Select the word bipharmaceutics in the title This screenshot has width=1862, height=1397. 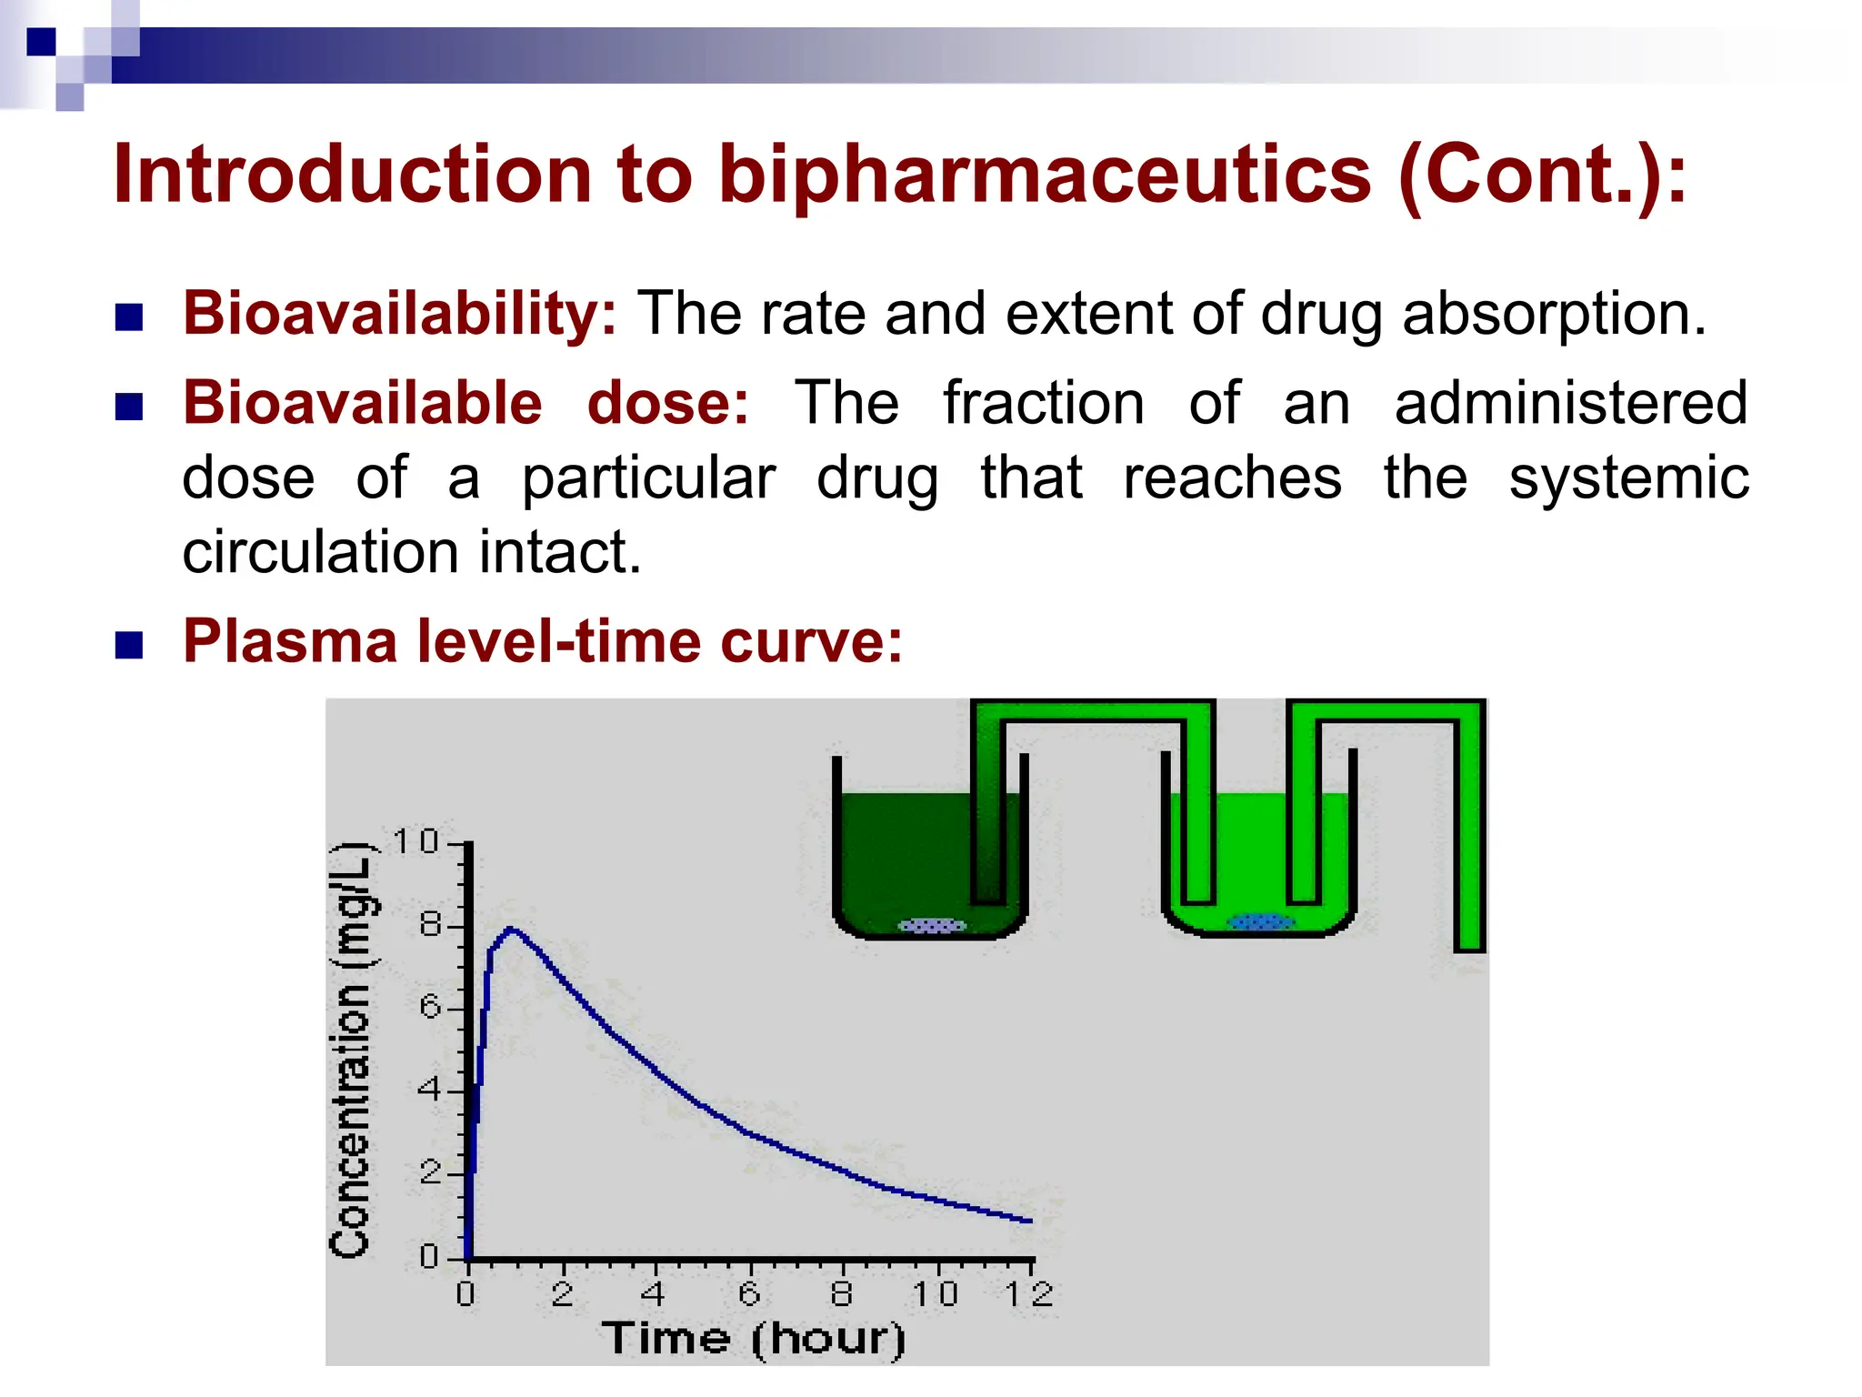(1045, 175)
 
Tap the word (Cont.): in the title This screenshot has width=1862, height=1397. (1542, 175)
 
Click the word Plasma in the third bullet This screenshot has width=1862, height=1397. (290, 641)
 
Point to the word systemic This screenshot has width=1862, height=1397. (1628, 478)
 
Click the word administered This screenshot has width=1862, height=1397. (1570, 403)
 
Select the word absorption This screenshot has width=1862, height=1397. (1554, 314)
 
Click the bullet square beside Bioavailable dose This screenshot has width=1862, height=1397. (129, 407)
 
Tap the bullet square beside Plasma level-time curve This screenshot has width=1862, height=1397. (129, 645)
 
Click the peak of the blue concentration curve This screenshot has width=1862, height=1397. (511, 929)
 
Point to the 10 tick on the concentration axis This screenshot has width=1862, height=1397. (415, 842)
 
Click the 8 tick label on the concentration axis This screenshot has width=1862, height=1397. (429, 926)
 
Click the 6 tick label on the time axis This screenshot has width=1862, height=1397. (749, 1293)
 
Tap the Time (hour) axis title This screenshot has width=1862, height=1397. (754, 1339)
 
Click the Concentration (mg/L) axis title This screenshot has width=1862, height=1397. (351, 1050)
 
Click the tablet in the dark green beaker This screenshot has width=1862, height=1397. (932, 926)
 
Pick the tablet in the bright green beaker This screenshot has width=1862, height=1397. (1260, 922)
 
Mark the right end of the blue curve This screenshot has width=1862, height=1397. (1031, 1221)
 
